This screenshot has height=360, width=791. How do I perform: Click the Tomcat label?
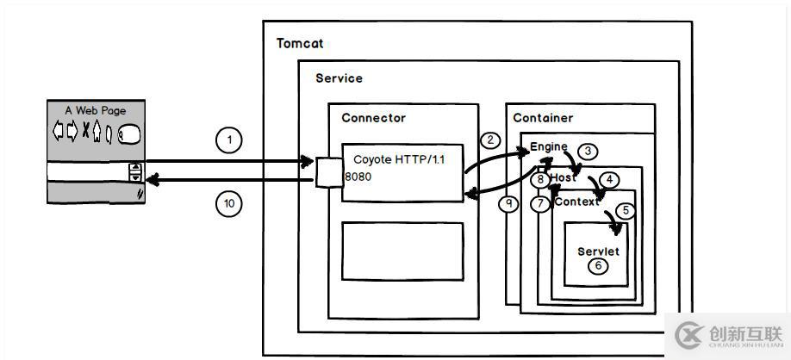coord(300,43)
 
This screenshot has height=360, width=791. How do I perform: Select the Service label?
coord(339,78)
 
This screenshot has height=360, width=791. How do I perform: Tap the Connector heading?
coord(373,118)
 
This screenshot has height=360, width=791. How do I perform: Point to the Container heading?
coord(543,118)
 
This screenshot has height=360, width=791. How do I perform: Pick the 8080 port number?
coord(358,177)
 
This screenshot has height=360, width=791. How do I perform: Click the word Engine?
coord(548,147)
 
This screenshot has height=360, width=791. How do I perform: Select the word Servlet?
coord(598,251)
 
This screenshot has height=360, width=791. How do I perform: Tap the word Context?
coord(576,202)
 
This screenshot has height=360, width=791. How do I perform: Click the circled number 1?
coord(229,140)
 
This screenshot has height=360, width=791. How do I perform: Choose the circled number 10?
coord(229,204)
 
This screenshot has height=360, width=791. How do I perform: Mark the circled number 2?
coord(490,140)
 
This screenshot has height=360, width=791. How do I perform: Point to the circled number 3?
coord(588,152)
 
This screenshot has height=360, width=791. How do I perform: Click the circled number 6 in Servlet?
coord(598,266)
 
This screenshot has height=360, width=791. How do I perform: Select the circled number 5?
coord(626,209)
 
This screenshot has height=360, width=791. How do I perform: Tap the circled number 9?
coord(510,205)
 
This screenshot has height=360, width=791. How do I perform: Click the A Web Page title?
coord(95,110)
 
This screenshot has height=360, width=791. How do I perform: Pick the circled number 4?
coord(609,180)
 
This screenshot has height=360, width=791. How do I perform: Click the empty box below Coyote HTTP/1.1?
coord(402,251)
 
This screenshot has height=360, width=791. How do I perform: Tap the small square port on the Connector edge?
coord(328,171)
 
